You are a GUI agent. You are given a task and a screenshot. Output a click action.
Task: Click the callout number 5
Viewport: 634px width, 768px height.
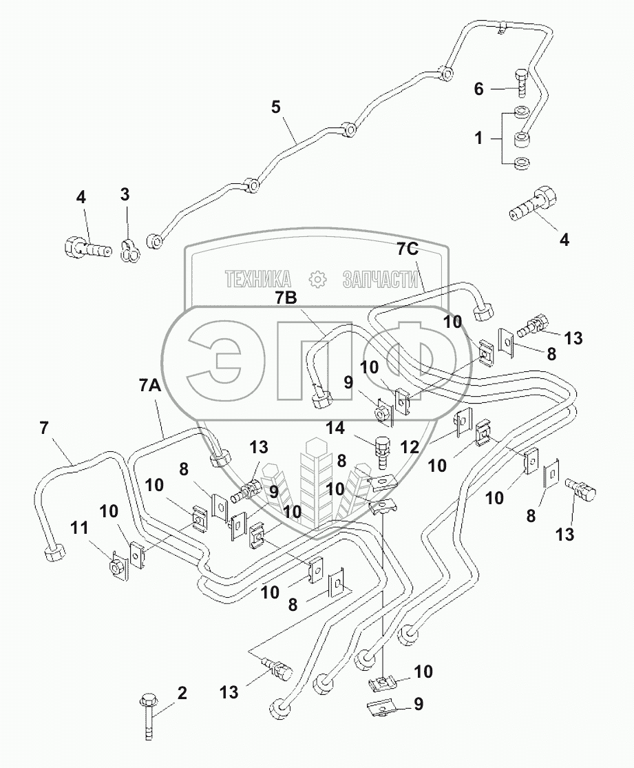pos(276,107)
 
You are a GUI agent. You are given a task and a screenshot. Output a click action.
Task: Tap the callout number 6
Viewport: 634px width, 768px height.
pos(478,89)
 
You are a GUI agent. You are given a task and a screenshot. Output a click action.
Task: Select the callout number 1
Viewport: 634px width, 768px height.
pos(478,138)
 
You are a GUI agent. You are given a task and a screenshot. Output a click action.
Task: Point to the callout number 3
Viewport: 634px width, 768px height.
pos(125,195)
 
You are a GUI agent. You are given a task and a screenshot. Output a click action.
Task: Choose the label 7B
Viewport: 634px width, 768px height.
pos(287,298)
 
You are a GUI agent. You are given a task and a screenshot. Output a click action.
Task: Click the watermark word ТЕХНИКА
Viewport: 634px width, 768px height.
pos(258,278)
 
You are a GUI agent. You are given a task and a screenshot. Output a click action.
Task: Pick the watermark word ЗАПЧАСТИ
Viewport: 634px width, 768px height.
pos(381,278)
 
